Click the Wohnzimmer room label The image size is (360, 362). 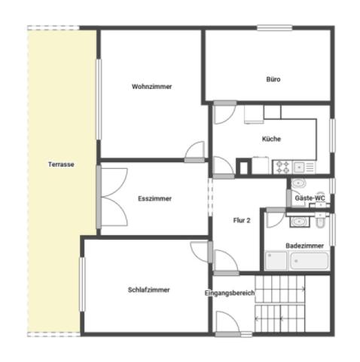[151, 87]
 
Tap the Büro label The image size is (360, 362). [273, 79]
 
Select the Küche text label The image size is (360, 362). [271, 139]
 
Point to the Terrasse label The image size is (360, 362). [61, 164]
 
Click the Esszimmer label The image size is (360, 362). [154, 198]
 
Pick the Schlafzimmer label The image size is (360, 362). [148, 290]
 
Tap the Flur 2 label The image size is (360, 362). [242, 220]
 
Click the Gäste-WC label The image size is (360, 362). [310, 198]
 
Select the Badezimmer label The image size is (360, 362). [304, 246]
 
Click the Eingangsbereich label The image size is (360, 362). [230, 293]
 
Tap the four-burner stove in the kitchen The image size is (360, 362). [282, 167]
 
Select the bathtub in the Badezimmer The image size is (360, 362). [310, 261]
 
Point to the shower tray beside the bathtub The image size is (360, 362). [276, 261]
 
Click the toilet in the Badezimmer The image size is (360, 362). [320, 220]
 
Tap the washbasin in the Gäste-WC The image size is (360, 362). [298, 183]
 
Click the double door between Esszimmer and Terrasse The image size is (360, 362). [114, 197]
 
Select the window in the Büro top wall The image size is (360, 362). [274, 27]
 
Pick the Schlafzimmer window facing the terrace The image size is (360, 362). [82, 284]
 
